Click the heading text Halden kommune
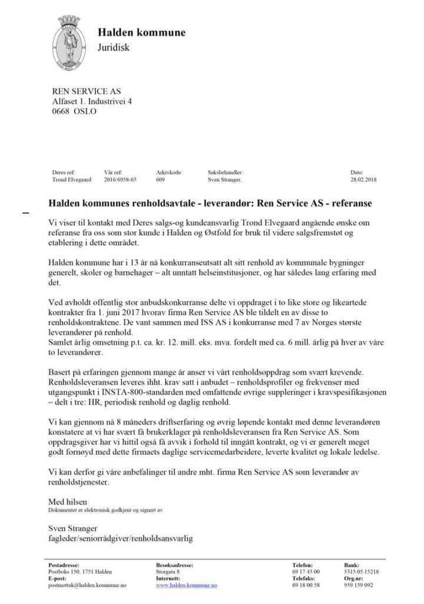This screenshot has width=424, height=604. [x=141, y=32]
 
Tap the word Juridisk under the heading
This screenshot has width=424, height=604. [x=113, y=47]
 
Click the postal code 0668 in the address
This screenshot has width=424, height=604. [x=61, y=111]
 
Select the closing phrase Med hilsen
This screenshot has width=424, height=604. [x=66, y=501]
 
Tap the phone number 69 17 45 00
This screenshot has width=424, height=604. [x=306, y=572]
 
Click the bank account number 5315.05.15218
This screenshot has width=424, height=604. [x=361, y=572]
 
